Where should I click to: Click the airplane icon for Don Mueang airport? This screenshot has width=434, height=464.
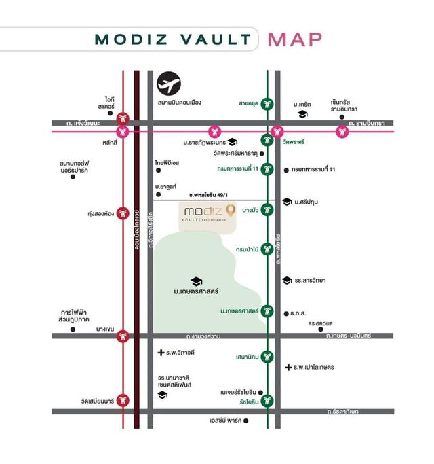click(x=169, y=84)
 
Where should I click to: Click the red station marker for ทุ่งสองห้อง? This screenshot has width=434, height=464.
click(x=123, y=213)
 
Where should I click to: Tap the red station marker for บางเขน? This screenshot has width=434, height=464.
click(x=123, y=336)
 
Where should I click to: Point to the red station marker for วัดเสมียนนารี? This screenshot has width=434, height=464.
click(x=123, y=400)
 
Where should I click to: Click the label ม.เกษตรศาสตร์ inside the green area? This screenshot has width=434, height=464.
click(x=196, y=293)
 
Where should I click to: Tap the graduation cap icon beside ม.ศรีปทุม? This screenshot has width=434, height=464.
click(x=288, y=202)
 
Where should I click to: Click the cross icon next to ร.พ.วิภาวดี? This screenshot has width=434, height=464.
click(x=161, y=353)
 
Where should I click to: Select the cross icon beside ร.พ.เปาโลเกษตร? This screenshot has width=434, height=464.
click(x=288, y=367)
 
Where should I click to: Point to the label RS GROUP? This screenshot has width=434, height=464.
click(x=321, y=324)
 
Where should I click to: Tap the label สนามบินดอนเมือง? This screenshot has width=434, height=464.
click(x=180, y=103)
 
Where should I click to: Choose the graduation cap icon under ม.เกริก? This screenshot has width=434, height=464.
click(x=302, y=114)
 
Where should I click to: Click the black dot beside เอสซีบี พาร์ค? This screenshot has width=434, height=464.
click(x=246, y=421)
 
